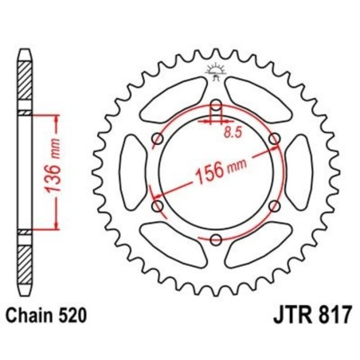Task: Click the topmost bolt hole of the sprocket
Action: coord(216,106)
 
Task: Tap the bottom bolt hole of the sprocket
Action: coord(216,240)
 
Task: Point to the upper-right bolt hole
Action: coord(275,140)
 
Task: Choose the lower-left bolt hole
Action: coord(158,206)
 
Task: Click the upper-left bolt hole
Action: coord(158,140)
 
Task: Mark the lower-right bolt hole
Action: coord(275,206)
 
